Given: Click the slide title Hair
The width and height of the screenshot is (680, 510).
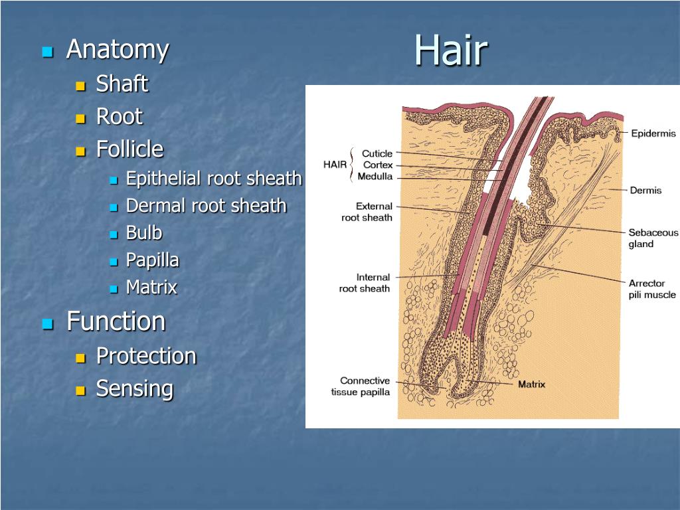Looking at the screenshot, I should click(x=451, y=50).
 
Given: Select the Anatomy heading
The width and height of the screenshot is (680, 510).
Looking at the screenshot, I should click(x=118, y=50).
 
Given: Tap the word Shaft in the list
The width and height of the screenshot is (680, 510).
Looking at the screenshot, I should click(x=122, y=84).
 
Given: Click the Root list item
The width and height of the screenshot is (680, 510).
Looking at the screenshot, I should click(x=120, y=117).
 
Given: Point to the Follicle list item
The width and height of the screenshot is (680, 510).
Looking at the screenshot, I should click(x=129, y=149).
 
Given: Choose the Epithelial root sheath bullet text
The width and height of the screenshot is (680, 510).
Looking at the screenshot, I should click(x=214, y=179).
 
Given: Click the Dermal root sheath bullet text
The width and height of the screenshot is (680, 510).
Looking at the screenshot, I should click(x=207, y=206).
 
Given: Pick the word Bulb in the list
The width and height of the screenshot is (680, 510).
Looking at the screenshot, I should click(x=144, y=233).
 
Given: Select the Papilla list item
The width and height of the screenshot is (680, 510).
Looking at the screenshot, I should click(x=153, y=260).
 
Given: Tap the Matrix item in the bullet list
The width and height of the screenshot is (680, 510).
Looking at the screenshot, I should click(x=152, y=288).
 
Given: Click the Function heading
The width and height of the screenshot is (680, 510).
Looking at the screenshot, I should click(x=116, y=321).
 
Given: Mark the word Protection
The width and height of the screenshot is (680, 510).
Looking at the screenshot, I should click(x=146, y=356).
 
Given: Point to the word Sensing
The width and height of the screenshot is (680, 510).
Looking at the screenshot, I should click(x=135, y=388).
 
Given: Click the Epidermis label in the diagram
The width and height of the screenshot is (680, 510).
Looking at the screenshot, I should click(x=653, y=133).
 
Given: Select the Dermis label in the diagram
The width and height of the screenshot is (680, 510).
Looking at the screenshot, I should click(x=645, y=191).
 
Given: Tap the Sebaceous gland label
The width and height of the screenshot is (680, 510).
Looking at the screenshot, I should click(x=653, y=238).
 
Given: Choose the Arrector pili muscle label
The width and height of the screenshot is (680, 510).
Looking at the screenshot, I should click(x=652, y=289).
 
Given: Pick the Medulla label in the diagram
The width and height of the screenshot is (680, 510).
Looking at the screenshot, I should click(x=375, y=177).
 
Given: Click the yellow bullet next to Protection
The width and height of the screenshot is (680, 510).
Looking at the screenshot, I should click(x=81, y=357).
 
